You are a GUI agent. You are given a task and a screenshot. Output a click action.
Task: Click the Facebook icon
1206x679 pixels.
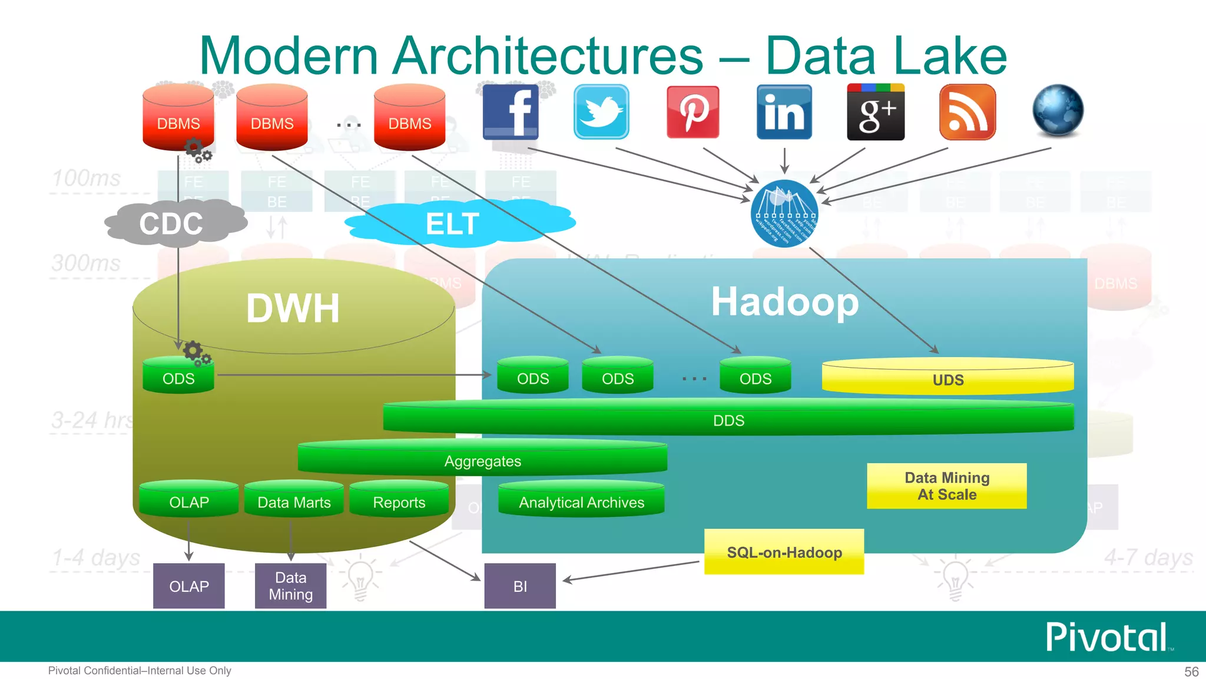(511, 111)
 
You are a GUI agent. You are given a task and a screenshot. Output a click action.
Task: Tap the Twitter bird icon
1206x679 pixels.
(601, 111)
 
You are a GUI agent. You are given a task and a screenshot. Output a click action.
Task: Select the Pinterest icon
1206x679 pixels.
(693, 111)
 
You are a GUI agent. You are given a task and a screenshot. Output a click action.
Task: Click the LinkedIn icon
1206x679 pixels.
(784, 111)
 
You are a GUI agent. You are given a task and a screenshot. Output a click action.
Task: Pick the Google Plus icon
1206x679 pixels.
(876, 111)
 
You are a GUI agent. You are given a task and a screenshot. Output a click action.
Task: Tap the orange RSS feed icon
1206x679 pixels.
(968, 111)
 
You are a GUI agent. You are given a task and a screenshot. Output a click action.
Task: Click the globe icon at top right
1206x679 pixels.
(1058, 110)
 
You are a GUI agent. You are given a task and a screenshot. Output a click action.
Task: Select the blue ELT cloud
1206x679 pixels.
(453, 223)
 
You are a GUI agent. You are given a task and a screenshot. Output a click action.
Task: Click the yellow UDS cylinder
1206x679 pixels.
(947, 378)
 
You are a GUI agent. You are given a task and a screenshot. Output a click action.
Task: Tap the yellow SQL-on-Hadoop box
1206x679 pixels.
(784, 552)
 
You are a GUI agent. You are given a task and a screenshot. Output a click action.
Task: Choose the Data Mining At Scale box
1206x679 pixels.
(946, 486)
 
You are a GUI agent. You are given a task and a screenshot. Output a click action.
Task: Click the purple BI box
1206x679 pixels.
(520, 586)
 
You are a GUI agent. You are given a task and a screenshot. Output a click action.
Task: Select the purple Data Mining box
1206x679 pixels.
(290, 586)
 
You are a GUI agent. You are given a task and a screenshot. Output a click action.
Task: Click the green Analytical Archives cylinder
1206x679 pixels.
(581, 501)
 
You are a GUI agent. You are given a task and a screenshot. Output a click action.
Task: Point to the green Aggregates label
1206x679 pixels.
(482, 461)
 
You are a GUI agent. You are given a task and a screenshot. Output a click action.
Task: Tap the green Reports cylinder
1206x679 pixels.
(399, 501)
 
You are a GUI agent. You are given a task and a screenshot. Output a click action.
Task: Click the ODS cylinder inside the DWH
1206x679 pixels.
(178, 377)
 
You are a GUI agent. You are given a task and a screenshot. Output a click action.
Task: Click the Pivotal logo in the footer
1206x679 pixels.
(1108, 637)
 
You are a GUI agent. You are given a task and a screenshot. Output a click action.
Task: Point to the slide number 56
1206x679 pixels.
(1191, 671)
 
